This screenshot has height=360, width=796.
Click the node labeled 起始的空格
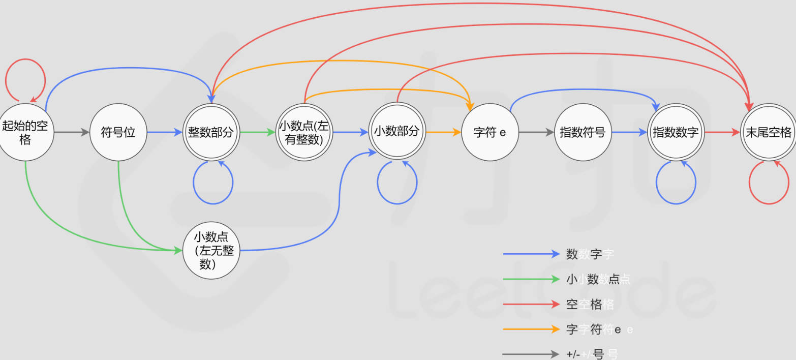[x=25, y=132]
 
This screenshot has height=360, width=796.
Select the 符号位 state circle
[x=118, y=132]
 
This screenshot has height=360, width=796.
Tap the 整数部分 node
[x=211, y=132]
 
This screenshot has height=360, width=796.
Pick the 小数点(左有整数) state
[x=304, y=132]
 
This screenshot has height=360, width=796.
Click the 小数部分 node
[x=397, y=132]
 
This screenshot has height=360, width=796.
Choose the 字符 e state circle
[x=489, y=132]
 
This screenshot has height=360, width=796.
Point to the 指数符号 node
[x=583, y=132]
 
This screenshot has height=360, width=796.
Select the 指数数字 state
[x=676, y=132]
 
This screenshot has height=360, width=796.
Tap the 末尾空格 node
[x=768, y=132]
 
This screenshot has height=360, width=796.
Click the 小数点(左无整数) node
[x=211, y=250]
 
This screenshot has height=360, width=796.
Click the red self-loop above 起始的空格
[x=25, y=60]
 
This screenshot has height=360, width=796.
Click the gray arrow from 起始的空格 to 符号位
[x=71, y=132]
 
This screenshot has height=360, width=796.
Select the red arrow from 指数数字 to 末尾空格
[x=722, y=132]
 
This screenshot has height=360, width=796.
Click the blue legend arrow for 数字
[x=531, y=254]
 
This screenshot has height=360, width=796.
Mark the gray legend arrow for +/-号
[x=531, y=354]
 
